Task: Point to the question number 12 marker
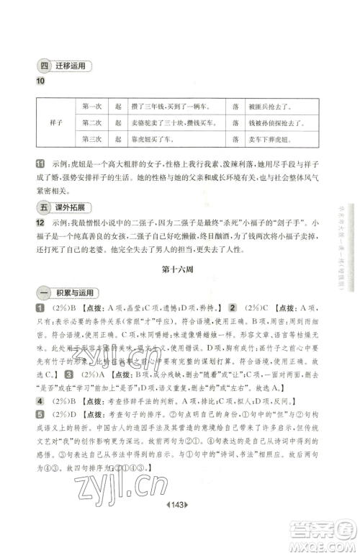click(x=40, y=224)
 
